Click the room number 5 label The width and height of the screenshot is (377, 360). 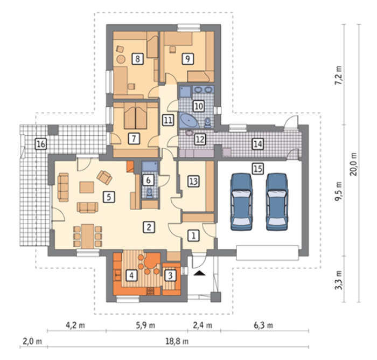pyautogui.click(x=109, y=197)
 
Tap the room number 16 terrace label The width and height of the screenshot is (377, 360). pyautogui.click(x=41, y=144)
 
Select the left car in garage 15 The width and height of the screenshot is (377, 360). pyautogui.click(x=241, y=202)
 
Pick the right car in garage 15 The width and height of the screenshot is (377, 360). pyautogui.click(x=277, y=202)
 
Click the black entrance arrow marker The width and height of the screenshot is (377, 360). pyautogui.click(x=200, y=273)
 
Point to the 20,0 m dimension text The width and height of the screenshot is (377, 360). pyautogui.click(x=354, y=164)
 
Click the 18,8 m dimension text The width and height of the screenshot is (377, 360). pyautogui.click(x=177, y=341)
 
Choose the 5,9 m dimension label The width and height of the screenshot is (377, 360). pyautogui.click(x=145, y=326)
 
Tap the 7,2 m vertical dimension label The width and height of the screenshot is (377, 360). pyautogui.click(x=339, y=75)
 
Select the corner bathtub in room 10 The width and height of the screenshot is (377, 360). pyautogui.click(x=189, y=121)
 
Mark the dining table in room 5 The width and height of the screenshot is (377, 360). pyautogui.click(x=87, y=236)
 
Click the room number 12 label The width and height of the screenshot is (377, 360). pyautogui.click(x=200, y=140)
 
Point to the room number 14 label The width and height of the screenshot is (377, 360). pyautogui.click(x=258, y=144)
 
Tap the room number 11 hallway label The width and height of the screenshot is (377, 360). pyautogui.click(x=168, y=120)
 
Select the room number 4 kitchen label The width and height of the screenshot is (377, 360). pyautogui.click(x=131, y=275)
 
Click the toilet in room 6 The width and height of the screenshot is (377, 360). pyautogui.click(x=149, y=193)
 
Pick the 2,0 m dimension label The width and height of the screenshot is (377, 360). pyautogui.click(x=32, y=341)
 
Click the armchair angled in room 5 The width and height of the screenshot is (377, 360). pyautogui.click(x=104, y=177)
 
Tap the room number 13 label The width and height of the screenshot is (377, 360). pyautogui.click(x=193, y=181)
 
